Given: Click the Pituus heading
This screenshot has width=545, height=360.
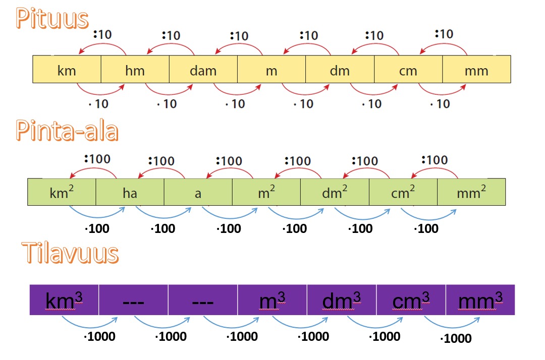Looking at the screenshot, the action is point(52,18).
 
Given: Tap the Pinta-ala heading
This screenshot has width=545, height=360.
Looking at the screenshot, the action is point(67,131).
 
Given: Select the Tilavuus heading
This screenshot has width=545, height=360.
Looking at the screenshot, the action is point(70,253).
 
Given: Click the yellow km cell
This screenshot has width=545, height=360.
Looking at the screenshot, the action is point(67,69).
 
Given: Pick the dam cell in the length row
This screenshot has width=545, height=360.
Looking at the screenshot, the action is point(203,69).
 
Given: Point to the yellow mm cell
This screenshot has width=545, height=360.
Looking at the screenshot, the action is point(476,69).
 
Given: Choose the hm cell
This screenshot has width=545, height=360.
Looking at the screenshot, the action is point(135,69).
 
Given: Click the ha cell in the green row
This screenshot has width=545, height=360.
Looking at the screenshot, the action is point(130,192).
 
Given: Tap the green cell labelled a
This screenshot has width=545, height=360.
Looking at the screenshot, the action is point(198,192).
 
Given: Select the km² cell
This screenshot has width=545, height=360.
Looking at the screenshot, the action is point(62,192).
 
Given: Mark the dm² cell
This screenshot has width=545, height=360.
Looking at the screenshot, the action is point(335,192).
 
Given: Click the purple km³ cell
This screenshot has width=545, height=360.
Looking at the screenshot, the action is point(64,300).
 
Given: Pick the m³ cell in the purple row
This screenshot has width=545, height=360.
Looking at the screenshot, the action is point(272,300).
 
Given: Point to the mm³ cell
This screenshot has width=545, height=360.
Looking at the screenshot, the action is point(480,300).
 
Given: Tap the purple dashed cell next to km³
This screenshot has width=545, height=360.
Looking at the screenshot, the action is point(133,300).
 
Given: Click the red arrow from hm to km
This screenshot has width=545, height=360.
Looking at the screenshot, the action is point(102,44).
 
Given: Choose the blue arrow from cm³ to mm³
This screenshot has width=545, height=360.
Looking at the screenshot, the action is point(452,327).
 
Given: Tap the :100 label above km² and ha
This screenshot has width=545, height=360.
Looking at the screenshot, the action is point(97,159).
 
